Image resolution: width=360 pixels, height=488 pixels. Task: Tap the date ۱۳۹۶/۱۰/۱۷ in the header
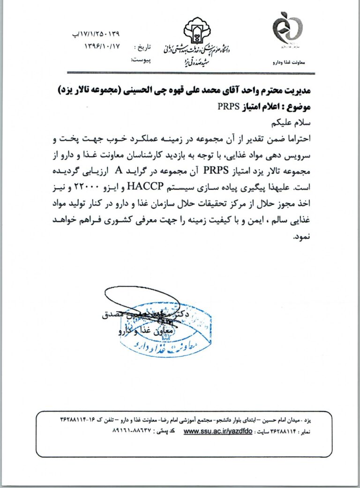[102, 46]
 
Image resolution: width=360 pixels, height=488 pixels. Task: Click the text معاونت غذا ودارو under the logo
[288, 62]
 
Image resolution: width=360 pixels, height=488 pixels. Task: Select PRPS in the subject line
[228, 106]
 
